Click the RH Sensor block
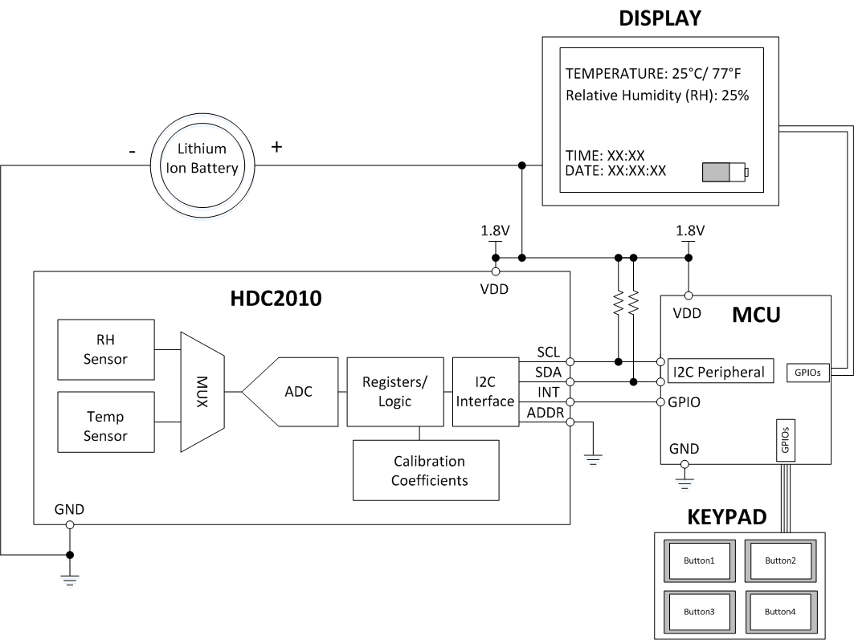106,349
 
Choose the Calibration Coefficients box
429,471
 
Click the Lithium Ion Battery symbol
203,159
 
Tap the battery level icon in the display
724,172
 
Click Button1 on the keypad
698,560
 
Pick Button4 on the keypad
779,611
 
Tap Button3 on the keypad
698,611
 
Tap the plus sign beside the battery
278,147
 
